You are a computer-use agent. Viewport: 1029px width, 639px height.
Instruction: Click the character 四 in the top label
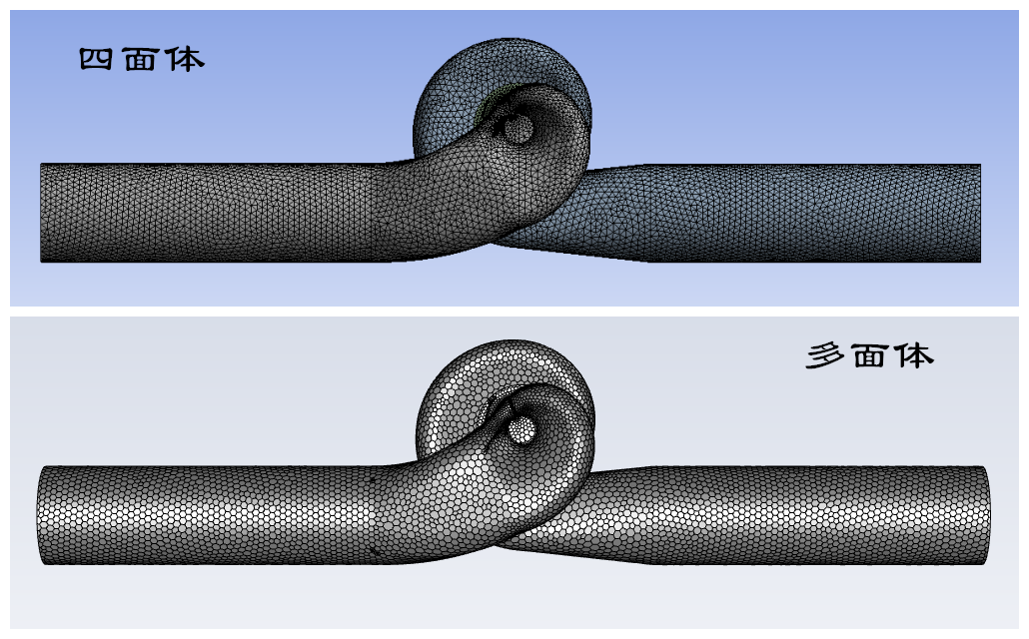point(96,60)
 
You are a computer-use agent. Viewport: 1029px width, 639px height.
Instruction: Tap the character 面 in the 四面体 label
point(140,60)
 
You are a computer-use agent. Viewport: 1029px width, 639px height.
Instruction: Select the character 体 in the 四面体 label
point(186,60)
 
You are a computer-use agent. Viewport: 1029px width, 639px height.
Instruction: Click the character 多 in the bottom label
point(825,355)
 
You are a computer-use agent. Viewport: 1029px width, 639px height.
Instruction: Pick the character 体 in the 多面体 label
point(915,355)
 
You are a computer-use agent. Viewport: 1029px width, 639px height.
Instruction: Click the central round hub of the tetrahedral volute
point(518,129)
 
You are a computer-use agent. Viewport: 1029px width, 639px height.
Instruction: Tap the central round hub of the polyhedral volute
point(522,430)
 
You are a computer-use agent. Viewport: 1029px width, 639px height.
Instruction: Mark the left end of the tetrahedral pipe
point(41,213)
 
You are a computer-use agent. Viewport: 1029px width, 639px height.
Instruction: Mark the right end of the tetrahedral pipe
point(980,214)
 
